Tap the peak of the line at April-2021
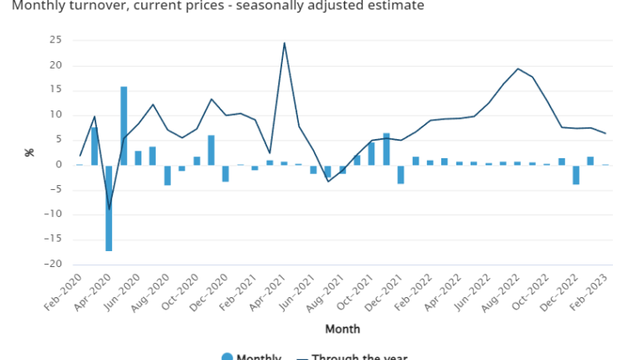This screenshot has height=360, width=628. click(285, 43)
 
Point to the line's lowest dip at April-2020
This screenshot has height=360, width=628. click(109, 208)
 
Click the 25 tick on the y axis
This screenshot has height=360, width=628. click(56, 40)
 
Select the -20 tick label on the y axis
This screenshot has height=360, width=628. click(53, 264)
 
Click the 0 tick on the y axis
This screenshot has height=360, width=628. click(59, 164)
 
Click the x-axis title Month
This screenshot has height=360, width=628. click(342, 329)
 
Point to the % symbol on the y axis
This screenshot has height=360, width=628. click(28, 152)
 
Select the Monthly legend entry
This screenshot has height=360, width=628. click(251, 357)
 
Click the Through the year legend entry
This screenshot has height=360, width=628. click(352, 357)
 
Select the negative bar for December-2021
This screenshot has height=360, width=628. click(401, 173)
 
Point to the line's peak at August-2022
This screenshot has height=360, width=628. click(518, 69)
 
